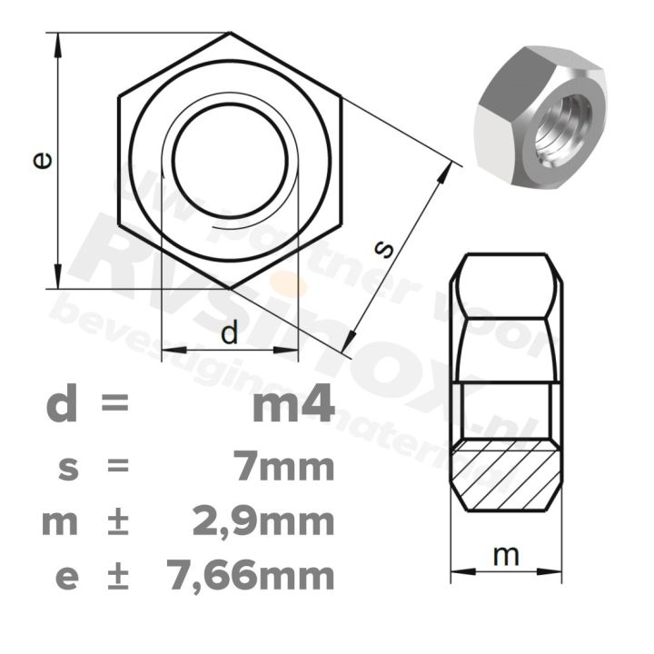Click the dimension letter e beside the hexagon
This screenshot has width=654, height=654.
pyautogui.click(x=42, y=160)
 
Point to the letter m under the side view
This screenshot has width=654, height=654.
pyautogui.click(x=506, y=556)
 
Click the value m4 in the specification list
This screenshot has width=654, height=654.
pyautogui.click(x=292, y=405)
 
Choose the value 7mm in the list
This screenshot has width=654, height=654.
pyautogui.click(x=283, y=468)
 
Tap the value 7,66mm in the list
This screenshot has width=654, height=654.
pyautogui.click(x=252, y=575)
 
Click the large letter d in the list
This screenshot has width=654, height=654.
pyautogui.click(x=62, y=405)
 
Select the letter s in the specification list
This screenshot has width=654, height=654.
pyautogui.click(x=65, y=470)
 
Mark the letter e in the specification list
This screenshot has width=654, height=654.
pyautogui.click(x=65, y=577)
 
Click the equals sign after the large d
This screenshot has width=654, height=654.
pyautogui.click(x=115, y=405)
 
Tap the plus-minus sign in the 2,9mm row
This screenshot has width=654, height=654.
pyautogui.click(x=117, y=522)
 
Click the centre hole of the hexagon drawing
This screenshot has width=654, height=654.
pyautogui.click(x=231, y=161)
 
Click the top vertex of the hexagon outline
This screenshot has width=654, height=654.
pyautogui.click(x=230, y=35)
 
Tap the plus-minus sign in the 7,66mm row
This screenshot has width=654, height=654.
pyautogui.click(x=117, y=576)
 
